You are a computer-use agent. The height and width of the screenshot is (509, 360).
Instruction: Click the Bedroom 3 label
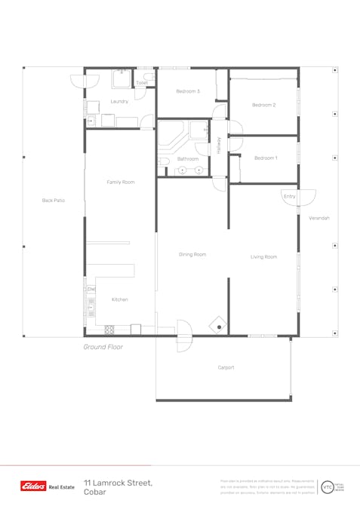tap(187, 91)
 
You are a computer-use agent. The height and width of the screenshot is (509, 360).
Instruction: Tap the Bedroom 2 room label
tap(263, 105)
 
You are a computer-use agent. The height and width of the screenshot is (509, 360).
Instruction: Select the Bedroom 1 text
tap(265, 158)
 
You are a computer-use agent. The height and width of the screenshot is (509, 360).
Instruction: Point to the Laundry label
tap(119, 101)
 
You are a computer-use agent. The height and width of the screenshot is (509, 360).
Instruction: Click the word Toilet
tap(141, 83)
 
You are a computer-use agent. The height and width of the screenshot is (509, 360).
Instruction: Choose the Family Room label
tap(121, 182)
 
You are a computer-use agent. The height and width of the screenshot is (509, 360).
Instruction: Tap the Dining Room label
tap(192, 254)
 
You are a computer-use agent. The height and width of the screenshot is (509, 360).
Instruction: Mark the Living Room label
tap(263, 257)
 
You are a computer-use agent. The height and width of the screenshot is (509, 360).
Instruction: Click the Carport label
tap(226, 367)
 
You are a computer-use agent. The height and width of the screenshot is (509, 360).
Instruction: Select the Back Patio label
tap(54, 200)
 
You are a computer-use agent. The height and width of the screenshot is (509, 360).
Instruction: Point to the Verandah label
tap(318, 218)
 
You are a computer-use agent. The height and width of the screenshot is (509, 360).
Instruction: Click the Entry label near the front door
tap(289, 197)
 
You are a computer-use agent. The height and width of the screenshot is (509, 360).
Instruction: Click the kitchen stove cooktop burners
tap(109, 329)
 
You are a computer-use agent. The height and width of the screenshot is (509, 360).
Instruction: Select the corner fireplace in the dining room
tap(218, 324)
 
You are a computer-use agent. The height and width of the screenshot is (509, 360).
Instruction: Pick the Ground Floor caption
tap(103, 347)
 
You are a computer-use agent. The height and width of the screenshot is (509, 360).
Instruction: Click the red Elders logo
tap(32, 486)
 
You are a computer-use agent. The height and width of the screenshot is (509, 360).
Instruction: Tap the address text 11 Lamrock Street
tap(118, 482)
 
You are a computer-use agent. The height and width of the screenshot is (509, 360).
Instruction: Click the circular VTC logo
tap(327, 487)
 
